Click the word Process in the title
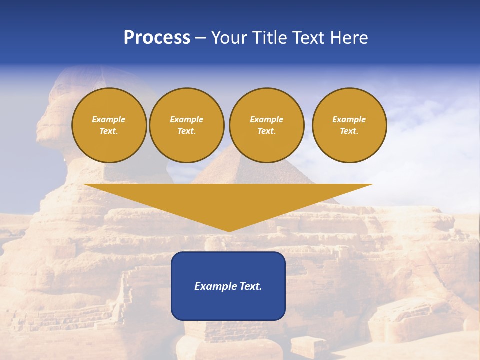[x=157, y=38]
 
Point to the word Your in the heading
[x=228, y=38]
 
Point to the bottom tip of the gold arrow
[x=229, y=231]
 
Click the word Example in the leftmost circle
[x=109, y=119]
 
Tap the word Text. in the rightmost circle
[x=349, y=131]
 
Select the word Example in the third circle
[x=266, y=119]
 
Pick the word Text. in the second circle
[x=186, y=131]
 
